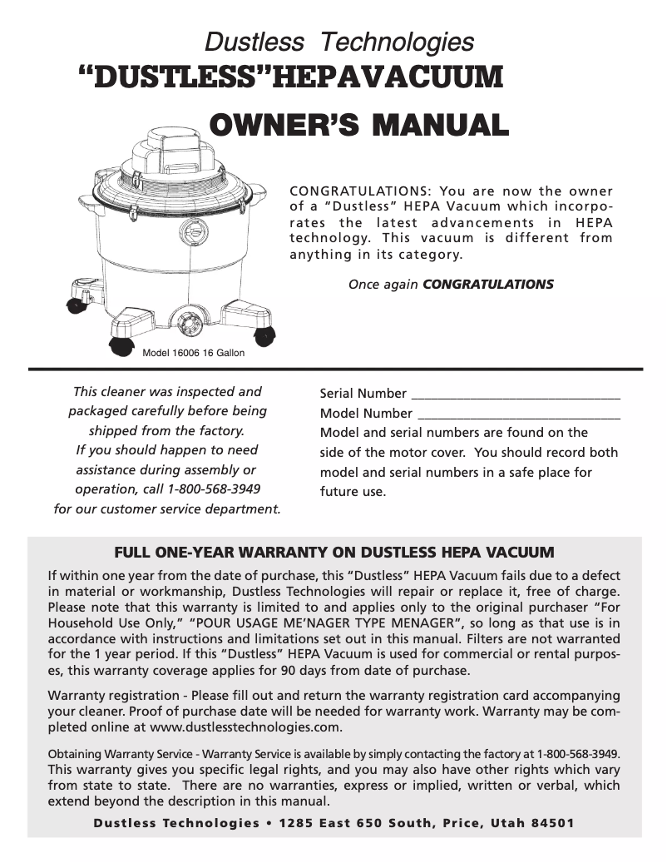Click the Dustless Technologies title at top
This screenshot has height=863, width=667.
click(x=339, y=41)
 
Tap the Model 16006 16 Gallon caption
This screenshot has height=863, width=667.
click(x=194, y=353)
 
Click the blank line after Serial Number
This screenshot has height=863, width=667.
click(x=516, y=394)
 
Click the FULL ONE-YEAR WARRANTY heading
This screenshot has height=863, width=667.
click(x=333, y=552)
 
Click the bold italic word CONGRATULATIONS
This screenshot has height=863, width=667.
click(x=488, y=285)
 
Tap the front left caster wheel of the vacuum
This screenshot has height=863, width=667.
click(x=121, y=345)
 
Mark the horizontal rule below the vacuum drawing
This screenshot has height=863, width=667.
click(x=335, y=369)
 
